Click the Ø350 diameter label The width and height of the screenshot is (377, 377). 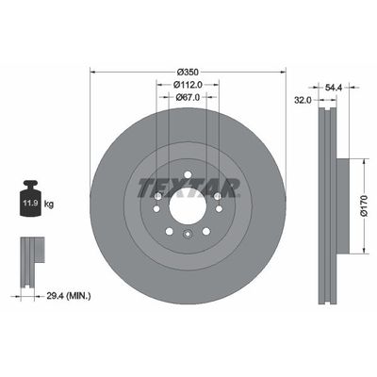(x=187, y=73)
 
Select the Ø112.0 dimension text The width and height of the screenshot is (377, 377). (x=187, y=84)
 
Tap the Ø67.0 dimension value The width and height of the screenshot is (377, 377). (x=187, y=95)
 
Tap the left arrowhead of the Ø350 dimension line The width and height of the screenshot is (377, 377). (x=92, y=73)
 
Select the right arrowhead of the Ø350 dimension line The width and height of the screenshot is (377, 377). (x=282, y=73)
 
